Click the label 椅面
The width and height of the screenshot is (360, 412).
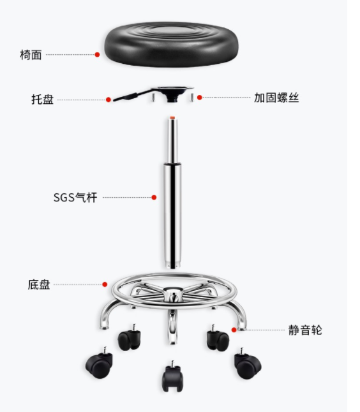click(x=31, y=55)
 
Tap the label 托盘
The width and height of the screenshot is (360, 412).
click(x=43, y=99)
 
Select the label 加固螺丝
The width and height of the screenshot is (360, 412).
click(x=276, y=98)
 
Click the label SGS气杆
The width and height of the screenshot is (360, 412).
click(x=75, y=198)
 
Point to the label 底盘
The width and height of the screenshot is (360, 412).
click(x=39, y=284)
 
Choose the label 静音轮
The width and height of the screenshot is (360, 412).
click(x=305, y=330)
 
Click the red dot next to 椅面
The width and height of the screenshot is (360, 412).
click(x=97, y=55)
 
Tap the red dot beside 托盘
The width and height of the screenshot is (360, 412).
click(x=109, y=99)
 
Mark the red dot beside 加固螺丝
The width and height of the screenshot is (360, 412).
click(x=200, y=98)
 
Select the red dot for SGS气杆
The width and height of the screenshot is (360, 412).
click(x=154, y=197)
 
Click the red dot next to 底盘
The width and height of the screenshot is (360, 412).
click(x=105, y=284)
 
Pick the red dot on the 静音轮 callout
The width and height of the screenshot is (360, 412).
click(x=234, y=330)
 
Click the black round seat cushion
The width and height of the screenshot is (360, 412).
click(x=172, y=44)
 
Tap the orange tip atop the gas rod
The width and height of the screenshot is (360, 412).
click(x=172, y=118)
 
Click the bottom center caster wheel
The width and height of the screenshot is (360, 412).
click(x=172, y=376)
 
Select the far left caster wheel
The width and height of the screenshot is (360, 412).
click(x=99, y=363)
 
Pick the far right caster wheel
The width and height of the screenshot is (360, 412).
click(x=248, y=364)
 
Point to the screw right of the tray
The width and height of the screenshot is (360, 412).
click(x=192, y=97)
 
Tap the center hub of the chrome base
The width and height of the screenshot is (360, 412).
click(x=172, y=293)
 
